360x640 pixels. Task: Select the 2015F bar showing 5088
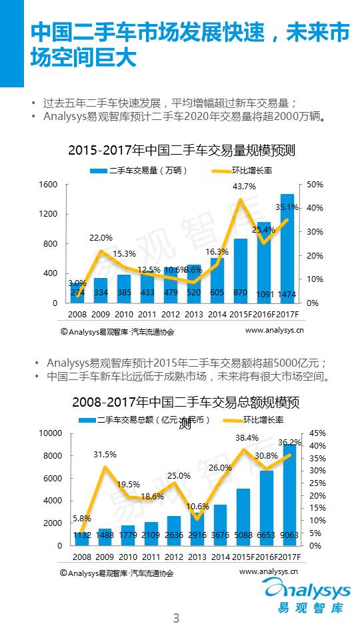(243, 517)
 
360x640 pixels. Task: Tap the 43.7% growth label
(245, 187)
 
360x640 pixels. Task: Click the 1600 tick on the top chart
(48, 185)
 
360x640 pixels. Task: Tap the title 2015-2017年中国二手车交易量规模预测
(181, 151)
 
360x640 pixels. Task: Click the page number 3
(177, 618)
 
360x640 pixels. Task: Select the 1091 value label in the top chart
(265, 293)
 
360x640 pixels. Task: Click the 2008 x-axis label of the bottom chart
(81, 557)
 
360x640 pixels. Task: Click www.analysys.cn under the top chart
(275, 329)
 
